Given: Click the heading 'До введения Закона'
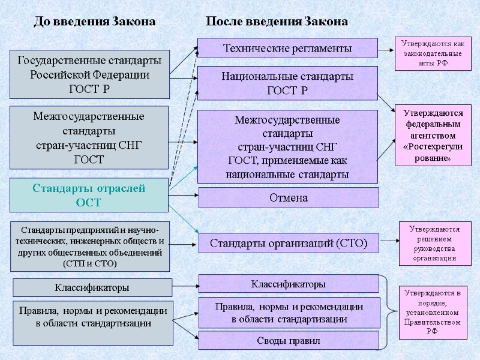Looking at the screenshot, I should (x=94, y=22).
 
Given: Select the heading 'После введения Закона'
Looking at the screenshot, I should (x=277, y=22).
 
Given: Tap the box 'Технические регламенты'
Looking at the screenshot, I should (x=287, y=48).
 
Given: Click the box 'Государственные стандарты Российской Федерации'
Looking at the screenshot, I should (x=90, y=74).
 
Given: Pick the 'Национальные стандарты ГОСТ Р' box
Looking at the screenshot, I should (x=287, y=83).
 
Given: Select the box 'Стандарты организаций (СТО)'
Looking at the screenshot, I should (x=288, y=243).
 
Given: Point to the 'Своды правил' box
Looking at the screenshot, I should (x=288, y=341).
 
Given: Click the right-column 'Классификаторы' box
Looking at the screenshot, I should (x=288, y=283).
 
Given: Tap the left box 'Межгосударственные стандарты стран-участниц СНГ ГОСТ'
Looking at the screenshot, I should (x=89, y=137).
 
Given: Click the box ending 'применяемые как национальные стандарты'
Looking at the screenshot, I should (x=287, y=147).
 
